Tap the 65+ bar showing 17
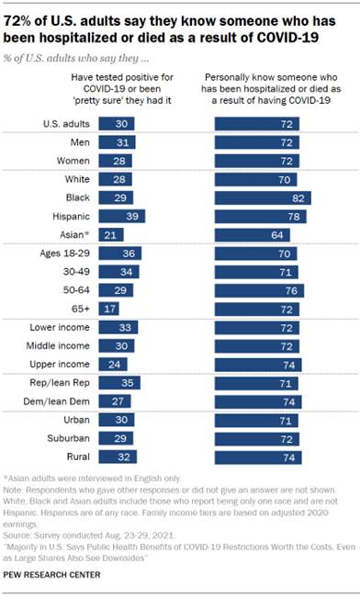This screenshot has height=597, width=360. (110, 308)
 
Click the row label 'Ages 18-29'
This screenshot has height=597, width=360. (62, 253)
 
